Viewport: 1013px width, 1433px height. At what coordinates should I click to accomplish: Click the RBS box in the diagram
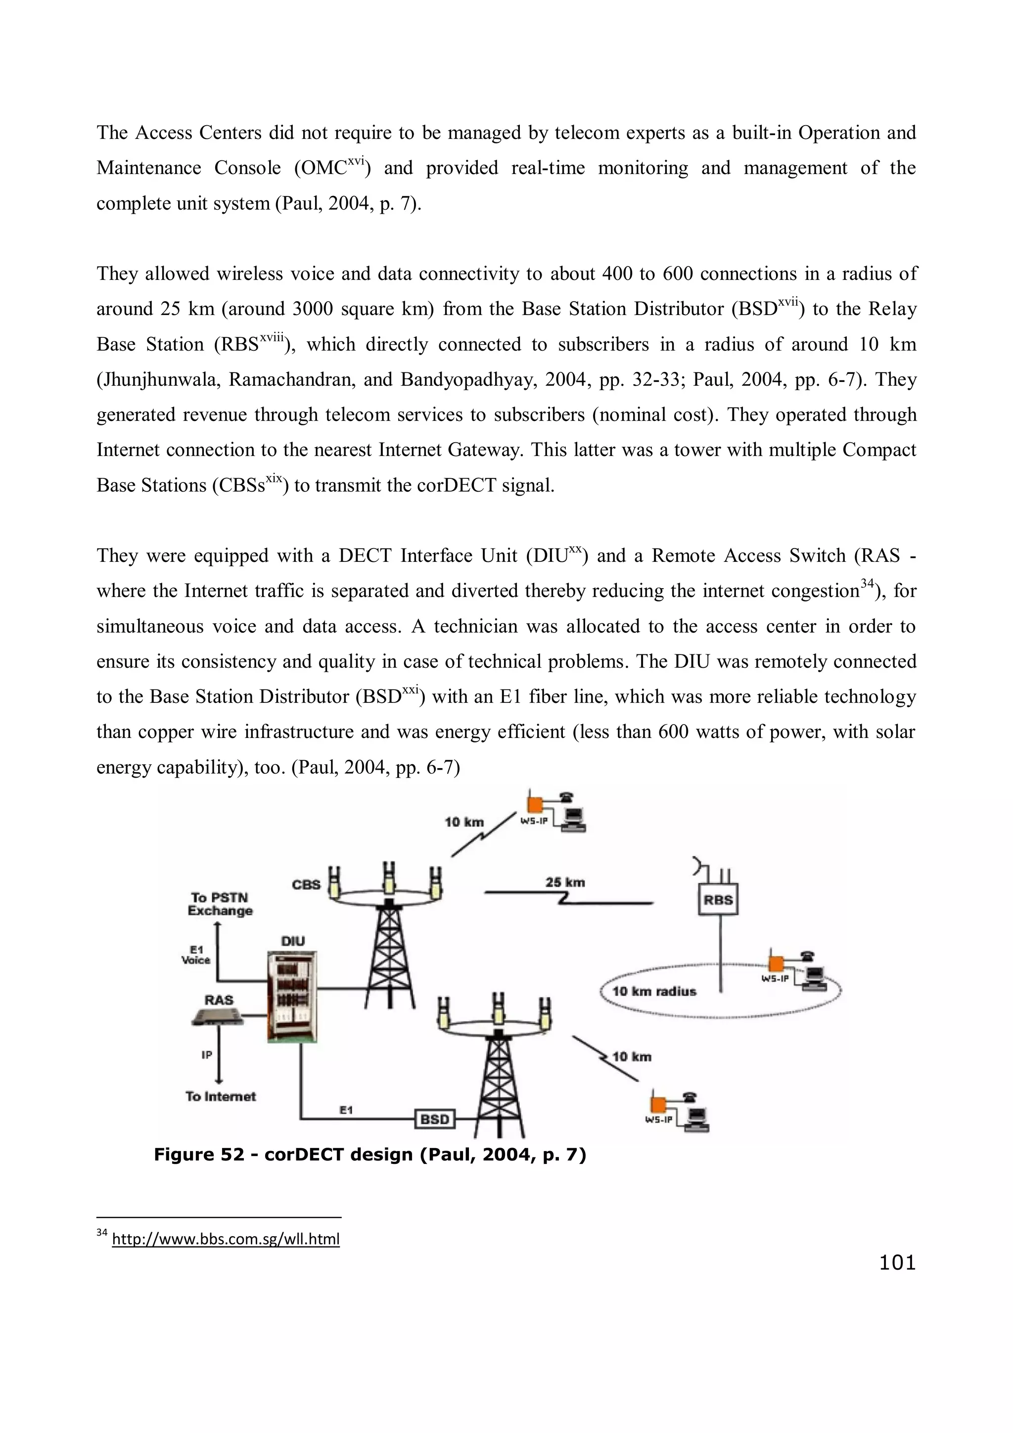coord(718,900)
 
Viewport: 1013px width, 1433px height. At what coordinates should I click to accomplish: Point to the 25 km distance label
coord(565,882)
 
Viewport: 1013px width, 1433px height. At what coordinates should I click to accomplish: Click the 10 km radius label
coord(653,992)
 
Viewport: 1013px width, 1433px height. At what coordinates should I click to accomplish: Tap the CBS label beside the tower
coord(306,884)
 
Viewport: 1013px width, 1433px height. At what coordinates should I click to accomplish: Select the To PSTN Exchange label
coord(220,904)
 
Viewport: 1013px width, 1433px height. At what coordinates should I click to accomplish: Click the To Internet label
coord(220,1096)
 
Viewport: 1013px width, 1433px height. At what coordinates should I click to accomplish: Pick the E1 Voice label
coord(196,955)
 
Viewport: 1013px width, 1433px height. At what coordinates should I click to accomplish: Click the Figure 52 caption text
coord(369,1155)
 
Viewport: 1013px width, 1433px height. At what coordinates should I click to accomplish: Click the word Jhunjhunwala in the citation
coord(158,379)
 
